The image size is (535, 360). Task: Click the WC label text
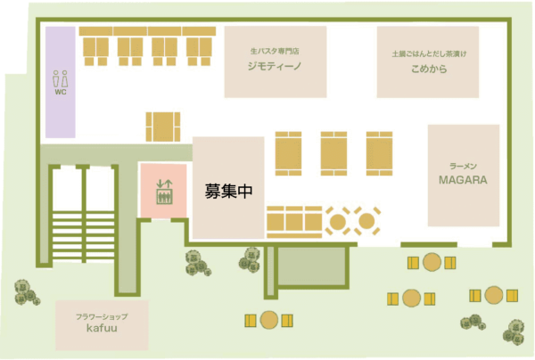click(x=61, y=92)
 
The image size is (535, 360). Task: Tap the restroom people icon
click(x=61, y=78)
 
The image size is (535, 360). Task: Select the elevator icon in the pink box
click(x=164, y=192)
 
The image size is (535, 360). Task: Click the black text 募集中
click(x=228, y=191)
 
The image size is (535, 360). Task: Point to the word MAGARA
click(x=463, y=180)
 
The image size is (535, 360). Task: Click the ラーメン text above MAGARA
click(x=463, y=167)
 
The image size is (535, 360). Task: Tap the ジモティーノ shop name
click(x=275, y=66)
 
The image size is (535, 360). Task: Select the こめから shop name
click(x=429, y=69)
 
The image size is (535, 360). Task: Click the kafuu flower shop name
click(x=102, y=328)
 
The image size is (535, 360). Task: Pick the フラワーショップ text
click(x=102, y=316)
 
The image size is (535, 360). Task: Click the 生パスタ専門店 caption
click(x=275, y=52)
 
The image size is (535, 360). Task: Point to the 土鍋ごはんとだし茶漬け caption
click(x=429, y=53)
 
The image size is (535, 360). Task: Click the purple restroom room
click(x=61, y=82)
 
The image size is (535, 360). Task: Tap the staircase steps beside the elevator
click(x=83, y=235)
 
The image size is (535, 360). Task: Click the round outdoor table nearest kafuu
click(x=269, y=320)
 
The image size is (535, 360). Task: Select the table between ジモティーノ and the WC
click(x=163, y=127)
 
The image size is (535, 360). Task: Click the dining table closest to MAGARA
click(x=380, y=153)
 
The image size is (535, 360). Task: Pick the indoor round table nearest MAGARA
click(x=366, y=221)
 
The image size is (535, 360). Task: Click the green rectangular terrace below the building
click(x=311, y=266)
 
